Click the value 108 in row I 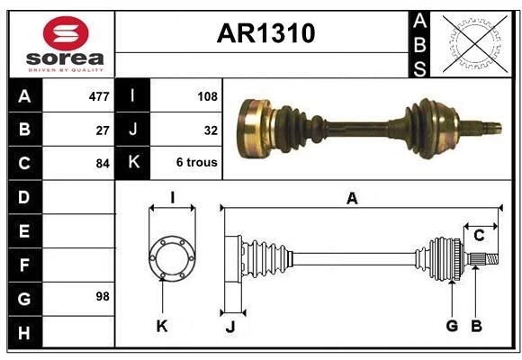[207, 95]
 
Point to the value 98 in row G [103, 296]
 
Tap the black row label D [23, 196]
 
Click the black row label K [132, 163]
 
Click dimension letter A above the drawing [352, 199]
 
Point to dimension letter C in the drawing [479, 236]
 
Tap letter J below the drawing [229, 327]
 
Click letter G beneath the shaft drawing [452, 326]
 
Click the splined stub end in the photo [486, 127]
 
